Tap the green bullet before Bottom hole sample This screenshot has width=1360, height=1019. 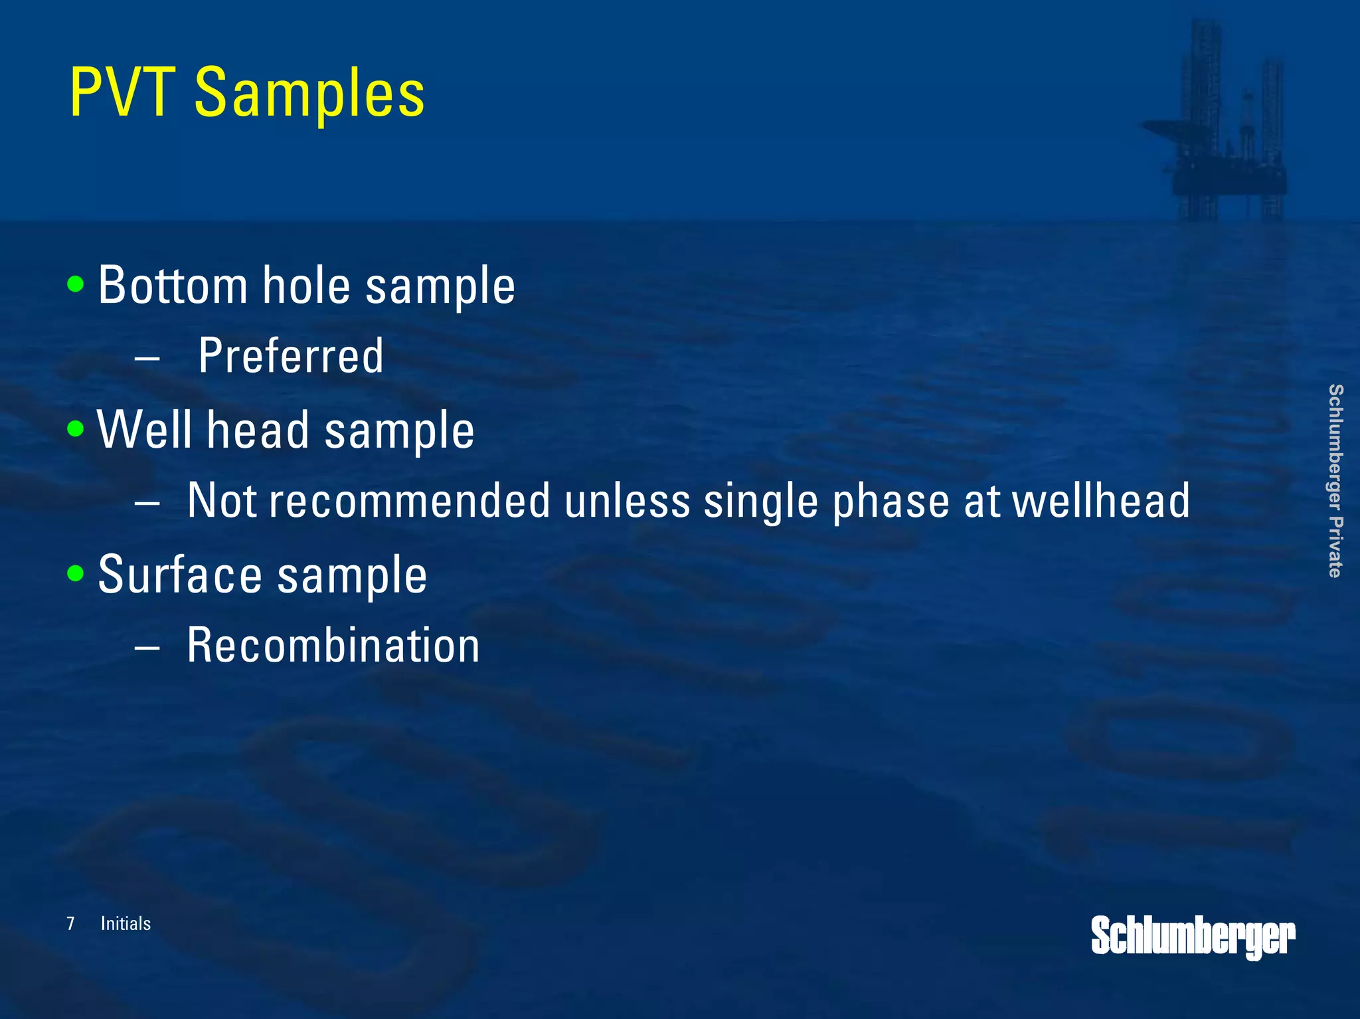tap(76, 284)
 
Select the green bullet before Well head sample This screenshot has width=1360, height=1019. tap(76, 428)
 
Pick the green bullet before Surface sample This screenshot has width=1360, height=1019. tap(76, 573)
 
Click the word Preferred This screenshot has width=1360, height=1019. tap(291, 357)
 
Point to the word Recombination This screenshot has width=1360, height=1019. tap(333, 646)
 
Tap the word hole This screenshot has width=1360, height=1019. tap(306, 286)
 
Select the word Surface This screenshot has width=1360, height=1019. tap(180, 575)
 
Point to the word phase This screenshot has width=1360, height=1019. tap(891, 501)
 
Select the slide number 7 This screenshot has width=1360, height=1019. tap(70, 923)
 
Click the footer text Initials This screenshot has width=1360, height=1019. tap(126, 923)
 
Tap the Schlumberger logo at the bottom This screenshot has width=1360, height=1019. tap(1193, 937)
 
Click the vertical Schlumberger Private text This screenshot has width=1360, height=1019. tap(1335, 481)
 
